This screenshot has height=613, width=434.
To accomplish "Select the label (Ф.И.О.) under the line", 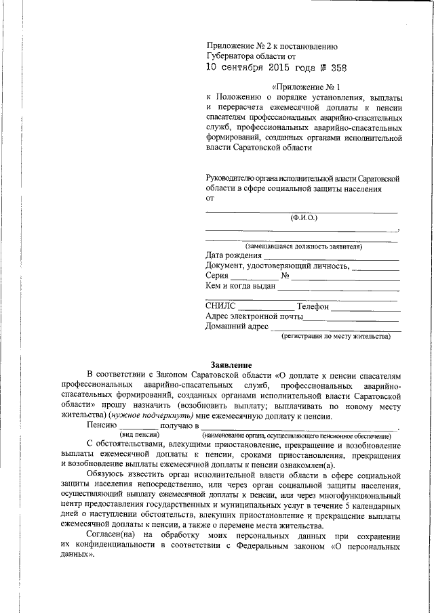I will (x=303, y=217).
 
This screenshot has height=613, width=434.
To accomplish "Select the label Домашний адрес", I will (x=237, y=327).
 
